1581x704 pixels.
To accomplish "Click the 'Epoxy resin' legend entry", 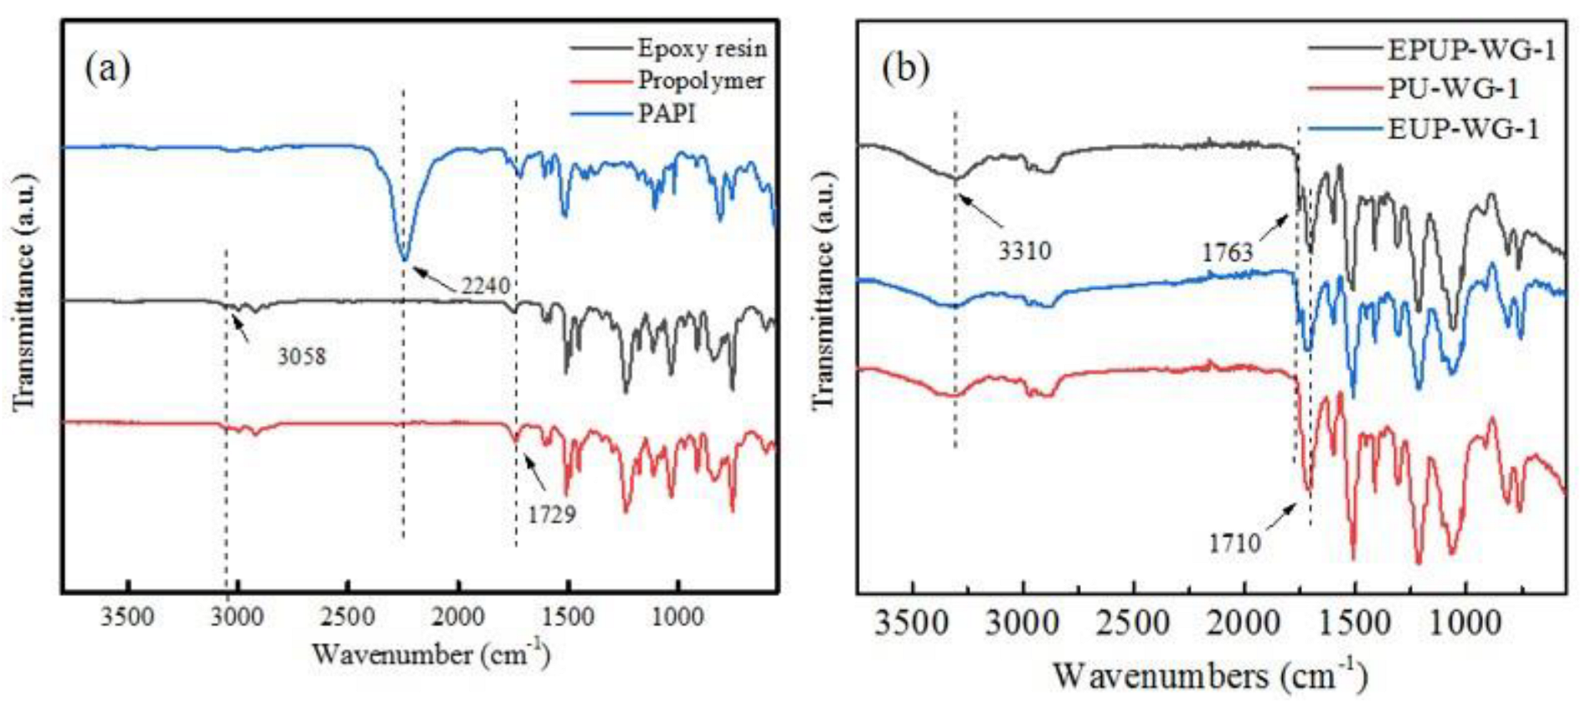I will coord(701,49).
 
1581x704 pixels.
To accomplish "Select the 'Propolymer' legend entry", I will coord(700,80).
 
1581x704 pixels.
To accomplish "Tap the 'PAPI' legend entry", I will coord(667,113).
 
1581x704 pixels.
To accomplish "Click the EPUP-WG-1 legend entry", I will coord(1470,50).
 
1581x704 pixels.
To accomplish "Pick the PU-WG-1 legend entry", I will coord(1453,89).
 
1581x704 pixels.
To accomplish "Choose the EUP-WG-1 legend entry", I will coord(1463,129).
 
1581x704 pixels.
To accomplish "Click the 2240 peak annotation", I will coord(486,286).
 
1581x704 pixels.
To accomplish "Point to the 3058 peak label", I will coord(301,357).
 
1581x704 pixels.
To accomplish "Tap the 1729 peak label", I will coord(551,514).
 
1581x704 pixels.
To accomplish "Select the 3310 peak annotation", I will coord(1024,250).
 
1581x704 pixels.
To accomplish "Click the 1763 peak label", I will coord(1227,251).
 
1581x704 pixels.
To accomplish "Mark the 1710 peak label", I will coord(1233,544).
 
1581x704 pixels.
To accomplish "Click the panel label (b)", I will coord(905,69).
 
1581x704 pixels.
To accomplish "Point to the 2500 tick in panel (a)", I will coord(348,618).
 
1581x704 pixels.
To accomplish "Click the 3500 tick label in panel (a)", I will coord(127,618).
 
